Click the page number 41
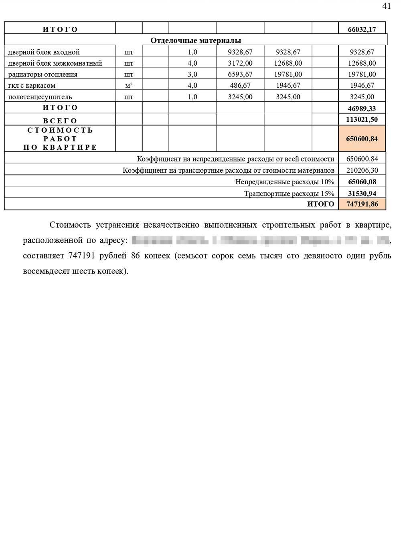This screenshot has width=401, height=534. (387, 6)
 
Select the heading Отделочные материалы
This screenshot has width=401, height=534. (196, 40)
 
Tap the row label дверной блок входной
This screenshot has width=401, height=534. (44, 52)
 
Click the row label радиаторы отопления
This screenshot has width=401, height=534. (43, 75)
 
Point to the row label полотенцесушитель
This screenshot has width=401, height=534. (40, 97)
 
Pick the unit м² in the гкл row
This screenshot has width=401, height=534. (129, 85)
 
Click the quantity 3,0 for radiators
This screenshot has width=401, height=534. (192, 75)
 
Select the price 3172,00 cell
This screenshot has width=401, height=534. (240, 63)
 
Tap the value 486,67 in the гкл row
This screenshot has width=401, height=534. (240, 86)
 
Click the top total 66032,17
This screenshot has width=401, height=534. (362, 29)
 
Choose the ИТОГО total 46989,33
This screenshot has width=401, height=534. (362, 109)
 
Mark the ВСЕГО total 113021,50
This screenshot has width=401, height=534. (362, 120)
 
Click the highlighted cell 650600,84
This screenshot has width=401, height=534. (362, 139)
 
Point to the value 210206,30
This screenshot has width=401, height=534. (362, 170)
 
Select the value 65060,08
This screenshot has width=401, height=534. (362, 182)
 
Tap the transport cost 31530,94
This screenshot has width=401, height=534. (362, 193)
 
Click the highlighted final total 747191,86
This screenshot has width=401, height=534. (362, 204)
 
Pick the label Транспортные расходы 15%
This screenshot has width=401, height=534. (289, 194)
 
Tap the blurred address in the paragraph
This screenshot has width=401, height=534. (261, 241)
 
